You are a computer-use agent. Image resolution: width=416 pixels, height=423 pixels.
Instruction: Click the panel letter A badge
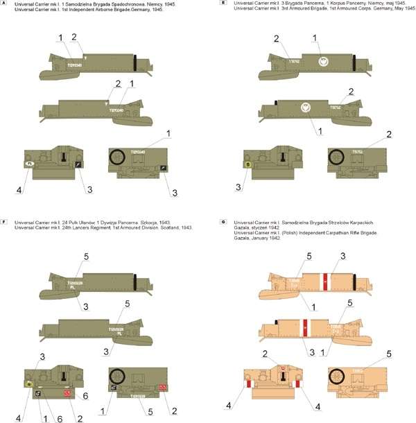[x=5, y=4]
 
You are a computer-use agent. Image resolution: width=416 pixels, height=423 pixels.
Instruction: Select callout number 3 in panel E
[x=239, y=187]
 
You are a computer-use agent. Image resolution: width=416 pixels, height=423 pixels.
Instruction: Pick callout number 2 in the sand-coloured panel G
[x=264, y=354]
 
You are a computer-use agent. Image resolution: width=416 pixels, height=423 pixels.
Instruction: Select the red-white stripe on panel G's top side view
[x=323, y=280]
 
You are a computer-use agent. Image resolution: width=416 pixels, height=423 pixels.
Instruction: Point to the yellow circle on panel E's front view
[x=248, y=164]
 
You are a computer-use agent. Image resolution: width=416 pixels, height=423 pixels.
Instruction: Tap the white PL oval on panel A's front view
[x=30, y=164]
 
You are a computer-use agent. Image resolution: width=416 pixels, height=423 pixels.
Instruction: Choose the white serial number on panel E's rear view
[x=358, y=151]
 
